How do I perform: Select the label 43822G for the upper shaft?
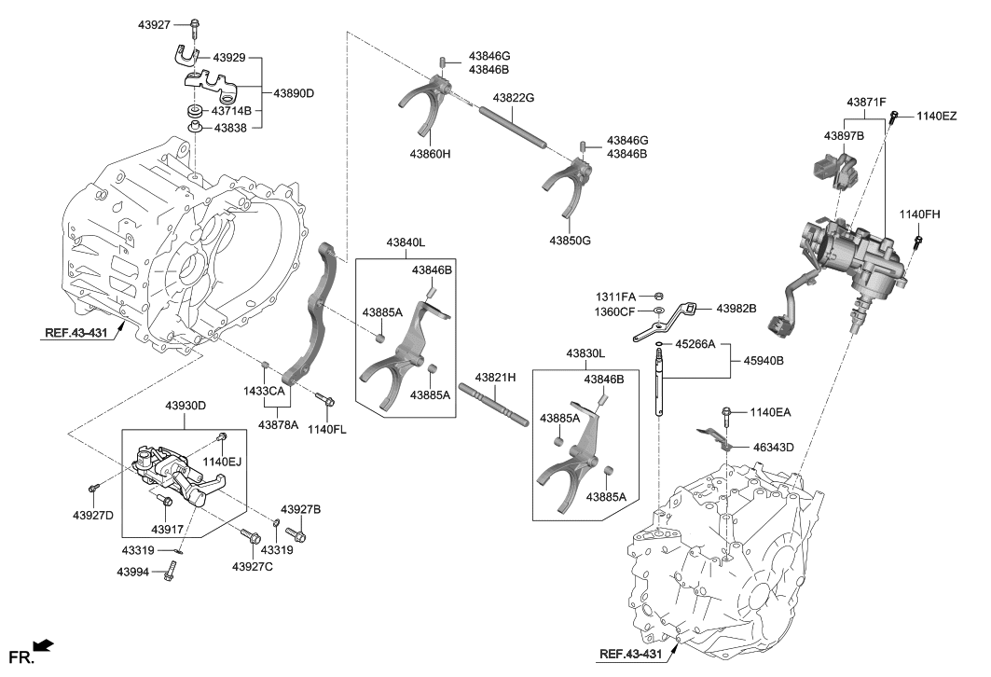514,98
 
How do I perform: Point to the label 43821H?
496,378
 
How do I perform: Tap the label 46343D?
774,449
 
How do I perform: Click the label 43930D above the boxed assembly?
186,406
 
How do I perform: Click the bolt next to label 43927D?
93,489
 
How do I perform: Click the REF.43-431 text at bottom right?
630,655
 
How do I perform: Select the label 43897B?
844,135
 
